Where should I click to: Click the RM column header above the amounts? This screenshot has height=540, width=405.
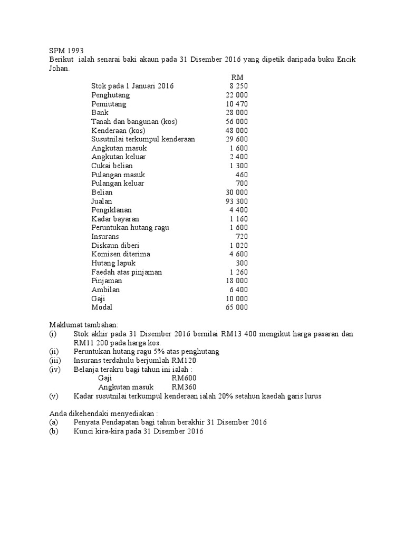pyautogui.click(x=237, y=77)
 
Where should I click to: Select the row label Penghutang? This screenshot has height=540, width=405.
pyautogui.click(x=110, y=95)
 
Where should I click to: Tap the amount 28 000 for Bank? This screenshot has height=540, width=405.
pyautogui.click(x=236, y=113)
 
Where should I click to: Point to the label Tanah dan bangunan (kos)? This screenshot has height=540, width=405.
pyautogui.click(x=134, y=121)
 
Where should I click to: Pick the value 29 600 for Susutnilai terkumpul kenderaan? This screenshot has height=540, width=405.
pyautogui.click(x=236, y=139)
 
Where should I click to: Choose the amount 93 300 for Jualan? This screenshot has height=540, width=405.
pyautogui.click(x=236, y=201)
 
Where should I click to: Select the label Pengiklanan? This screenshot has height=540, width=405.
pyautogui.click(x=111, y=210)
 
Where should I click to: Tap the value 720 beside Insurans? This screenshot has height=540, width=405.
pyautogui.click(x=241, y=236)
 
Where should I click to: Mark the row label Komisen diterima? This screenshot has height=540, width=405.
pyautogui.click(x=120, y=254)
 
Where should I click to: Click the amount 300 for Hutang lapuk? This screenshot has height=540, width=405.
pyautogui.click(x=242, y=263)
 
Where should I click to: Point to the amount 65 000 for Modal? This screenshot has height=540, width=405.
pyautogui.click(x=236, y=307)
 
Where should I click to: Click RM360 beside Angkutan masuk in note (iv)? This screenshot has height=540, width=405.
pyautogui.click(x=183, y=387)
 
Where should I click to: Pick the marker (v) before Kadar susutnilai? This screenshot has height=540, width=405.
pyautogui.click(x=53, y=396)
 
